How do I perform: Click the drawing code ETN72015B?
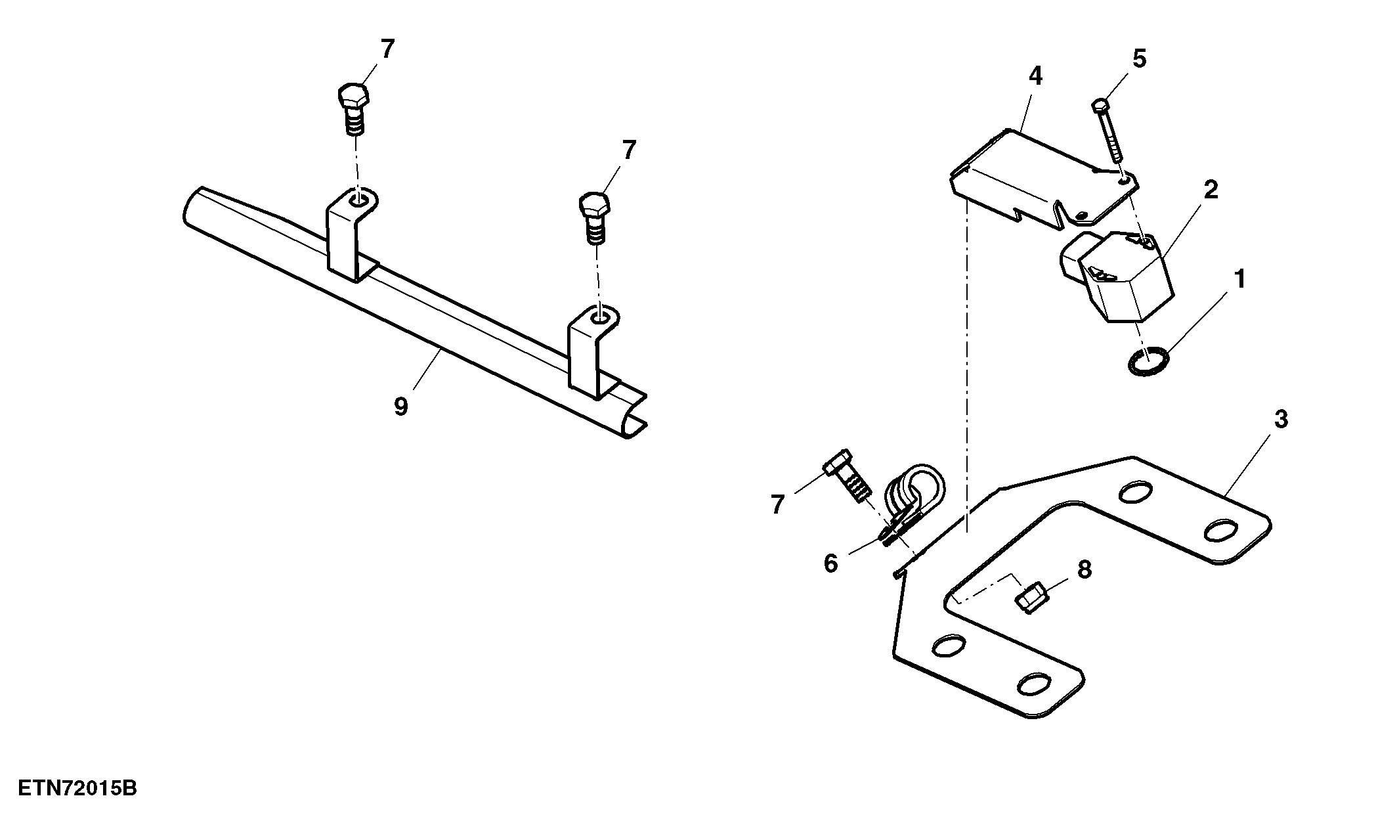click(77, 788)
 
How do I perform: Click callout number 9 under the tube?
click(400, 407)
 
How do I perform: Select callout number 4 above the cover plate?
click(1035, 76)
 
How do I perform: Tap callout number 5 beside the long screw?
click(1139, 59)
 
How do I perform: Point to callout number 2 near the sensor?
click(1211, 190)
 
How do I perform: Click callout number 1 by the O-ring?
click(1240, 279)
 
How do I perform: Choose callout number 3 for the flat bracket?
click(1281, 419)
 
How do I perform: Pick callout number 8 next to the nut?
click(1084, 569)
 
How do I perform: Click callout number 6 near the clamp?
click(831, 563)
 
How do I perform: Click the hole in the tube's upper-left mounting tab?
click(358, 198)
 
